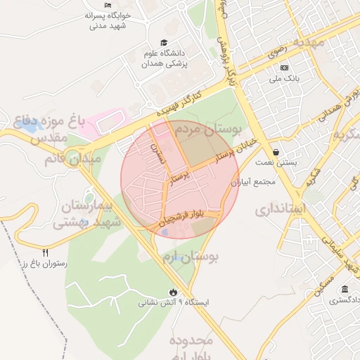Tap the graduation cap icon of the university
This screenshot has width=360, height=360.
[163, 43]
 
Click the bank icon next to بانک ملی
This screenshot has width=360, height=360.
[284, 67]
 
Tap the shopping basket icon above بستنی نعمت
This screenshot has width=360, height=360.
[276, 152]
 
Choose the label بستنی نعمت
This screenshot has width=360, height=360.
[276, 162]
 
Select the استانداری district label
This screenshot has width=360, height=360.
[279, 209]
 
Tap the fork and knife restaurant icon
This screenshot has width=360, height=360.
[46, 252]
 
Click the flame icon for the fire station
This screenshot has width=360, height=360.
[174, 292]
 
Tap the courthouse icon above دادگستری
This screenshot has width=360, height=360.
[345, 290]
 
